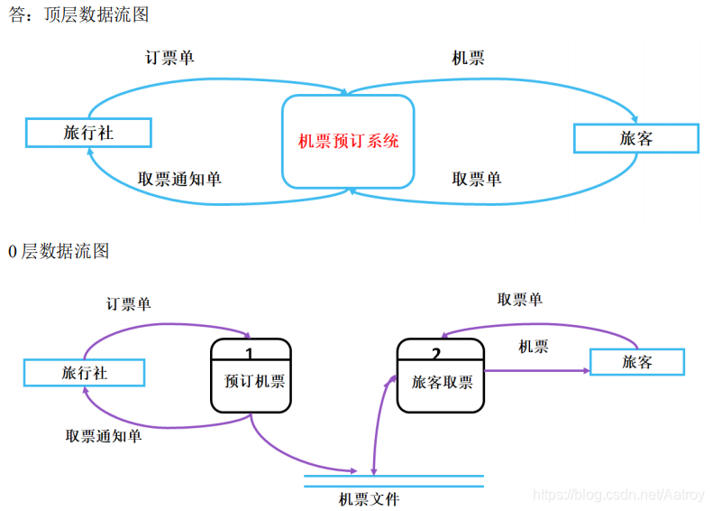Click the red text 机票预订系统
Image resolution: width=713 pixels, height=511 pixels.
(348, 141)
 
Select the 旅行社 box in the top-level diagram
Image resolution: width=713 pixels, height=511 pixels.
(88, 133)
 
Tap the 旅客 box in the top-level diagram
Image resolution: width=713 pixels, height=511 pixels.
(636, 138)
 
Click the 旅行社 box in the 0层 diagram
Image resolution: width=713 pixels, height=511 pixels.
(83, 372)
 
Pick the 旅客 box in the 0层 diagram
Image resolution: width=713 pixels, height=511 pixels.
(636, 362)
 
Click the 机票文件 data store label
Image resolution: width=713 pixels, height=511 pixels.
(369, 498)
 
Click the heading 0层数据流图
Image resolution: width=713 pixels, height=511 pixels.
(58, 251)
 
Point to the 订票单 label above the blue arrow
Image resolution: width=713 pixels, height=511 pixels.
(169, 58)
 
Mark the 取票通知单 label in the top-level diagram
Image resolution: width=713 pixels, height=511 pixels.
(179, 179)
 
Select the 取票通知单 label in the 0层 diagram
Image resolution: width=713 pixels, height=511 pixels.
(103, 436)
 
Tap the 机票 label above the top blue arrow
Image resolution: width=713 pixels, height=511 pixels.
(468, 58)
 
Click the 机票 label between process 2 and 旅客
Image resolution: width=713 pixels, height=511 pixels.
(533, 346)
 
